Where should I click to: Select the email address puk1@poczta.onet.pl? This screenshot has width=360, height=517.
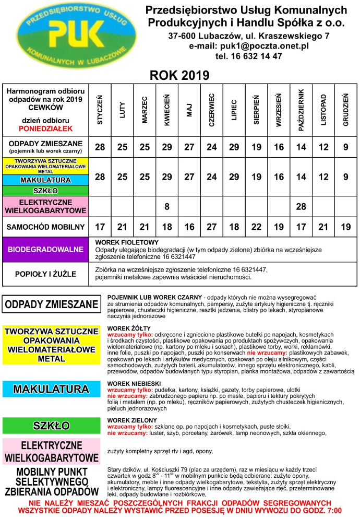(x=249, y=46)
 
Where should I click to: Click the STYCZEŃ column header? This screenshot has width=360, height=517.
(x=100, y=109)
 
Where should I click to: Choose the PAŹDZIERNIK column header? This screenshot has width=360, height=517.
(x=301, y=109)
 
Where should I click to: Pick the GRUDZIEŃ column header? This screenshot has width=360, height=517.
(x=345, y=109)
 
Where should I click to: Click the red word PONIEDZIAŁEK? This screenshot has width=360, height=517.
(x=46, y=127)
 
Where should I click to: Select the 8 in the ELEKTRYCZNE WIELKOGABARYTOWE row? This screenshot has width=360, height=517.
(x=167, y=207)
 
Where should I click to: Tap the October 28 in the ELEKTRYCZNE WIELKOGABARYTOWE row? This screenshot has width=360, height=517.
(x=301, y=207)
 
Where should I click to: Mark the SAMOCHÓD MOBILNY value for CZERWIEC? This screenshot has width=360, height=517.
(x=212, y=227)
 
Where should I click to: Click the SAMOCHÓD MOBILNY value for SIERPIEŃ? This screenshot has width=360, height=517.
(x=256, y=227)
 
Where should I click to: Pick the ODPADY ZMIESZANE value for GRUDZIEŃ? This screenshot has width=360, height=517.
(x=345, y=147)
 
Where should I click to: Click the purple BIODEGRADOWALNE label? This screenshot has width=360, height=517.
(x=46, y=250)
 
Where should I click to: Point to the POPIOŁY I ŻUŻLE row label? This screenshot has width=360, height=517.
(x=46, y=274)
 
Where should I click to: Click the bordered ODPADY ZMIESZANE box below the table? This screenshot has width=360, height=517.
(x=51, y=304)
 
